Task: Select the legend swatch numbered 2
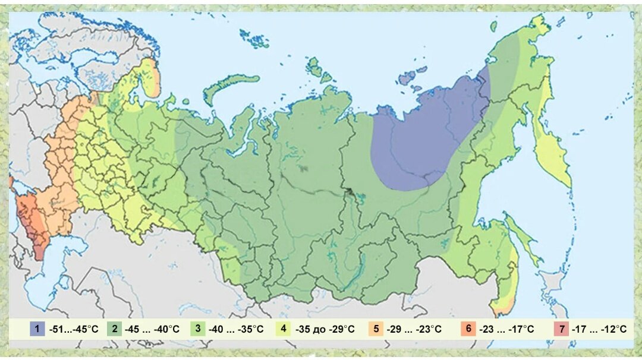114,329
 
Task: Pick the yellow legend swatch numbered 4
284,329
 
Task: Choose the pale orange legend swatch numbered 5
376,329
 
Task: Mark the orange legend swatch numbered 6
468,329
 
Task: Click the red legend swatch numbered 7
560,329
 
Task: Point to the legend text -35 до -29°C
325,329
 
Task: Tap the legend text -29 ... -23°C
414,329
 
